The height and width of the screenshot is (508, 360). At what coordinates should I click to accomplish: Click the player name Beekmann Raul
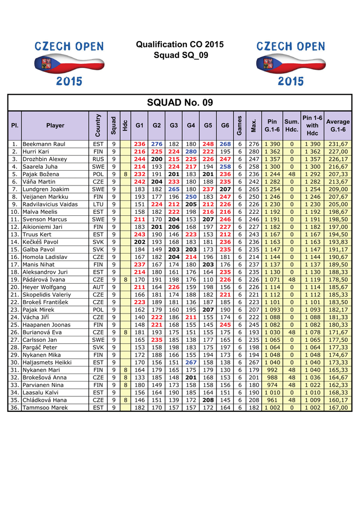click(x=45, y=144)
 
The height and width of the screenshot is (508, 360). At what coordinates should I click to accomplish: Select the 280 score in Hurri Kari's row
click(x=191, y=151)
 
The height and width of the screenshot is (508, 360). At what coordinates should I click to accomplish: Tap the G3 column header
click(x=174, y=126)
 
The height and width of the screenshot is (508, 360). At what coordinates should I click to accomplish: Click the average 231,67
click(x=338, y=144)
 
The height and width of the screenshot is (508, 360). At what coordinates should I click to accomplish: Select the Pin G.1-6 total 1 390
click(x=272, y=144)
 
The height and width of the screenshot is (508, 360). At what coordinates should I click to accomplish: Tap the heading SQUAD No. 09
click(x=180, y=103)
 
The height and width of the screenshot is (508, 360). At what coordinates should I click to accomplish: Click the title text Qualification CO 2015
click(x=180, y=45)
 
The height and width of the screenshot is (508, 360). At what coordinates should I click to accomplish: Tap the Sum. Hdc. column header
click(x=291, y=126)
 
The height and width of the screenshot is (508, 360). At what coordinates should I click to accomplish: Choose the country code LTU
click(x=98, y=204)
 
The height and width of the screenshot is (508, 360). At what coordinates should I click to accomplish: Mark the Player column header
click(x=55, y=126)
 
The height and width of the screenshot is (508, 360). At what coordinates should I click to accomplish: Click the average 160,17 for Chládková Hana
click(x=338, y=400)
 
